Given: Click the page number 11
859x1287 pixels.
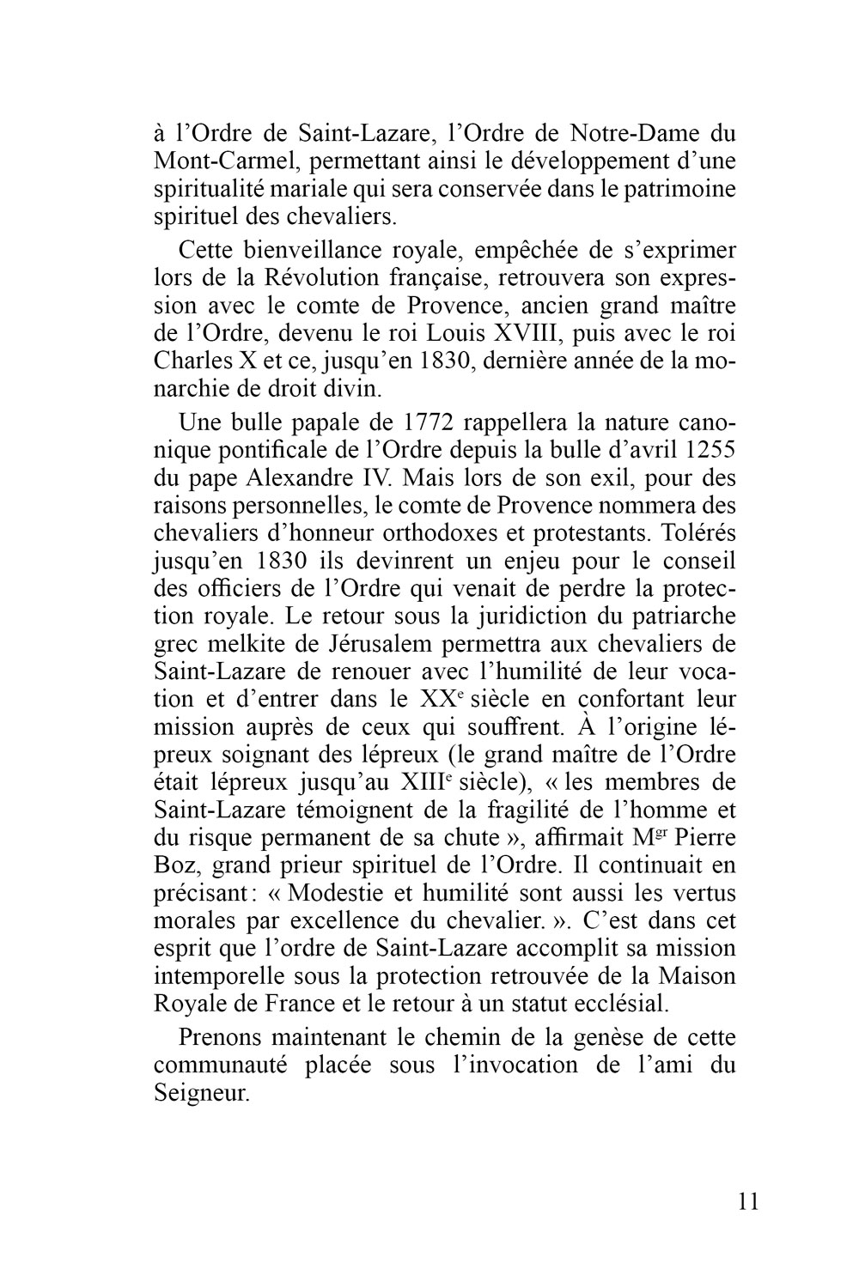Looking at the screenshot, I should [748, 1201].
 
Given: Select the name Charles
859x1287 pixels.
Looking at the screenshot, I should [194, 361].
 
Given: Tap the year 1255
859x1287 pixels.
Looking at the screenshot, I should [708, 451].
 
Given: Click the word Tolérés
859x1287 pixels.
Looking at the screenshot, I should [696, 533].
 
